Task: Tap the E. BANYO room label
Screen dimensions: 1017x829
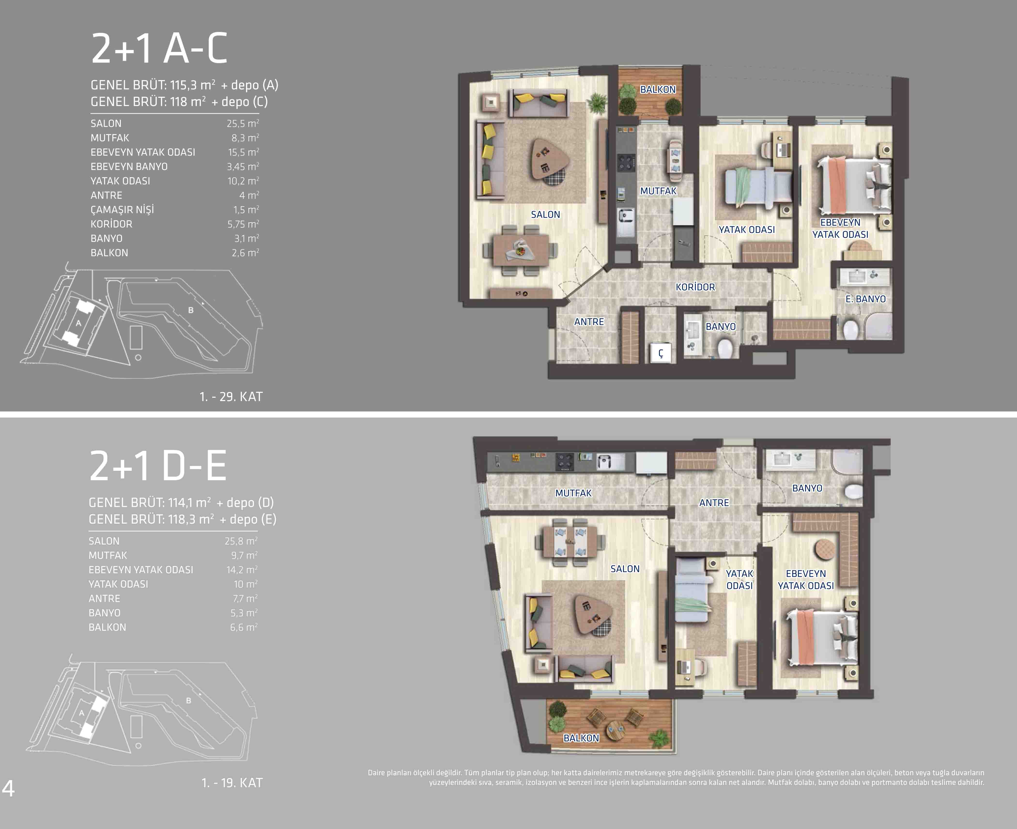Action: (866, 299)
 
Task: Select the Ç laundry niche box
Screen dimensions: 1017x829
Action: (661, 353)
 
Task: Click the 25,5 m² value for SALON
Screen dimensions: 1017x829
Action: (243, 123)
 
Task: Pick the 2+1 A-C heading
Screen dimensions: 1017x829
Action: (159, 49)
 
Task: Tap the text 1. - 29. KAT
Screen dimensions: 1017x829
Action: (231, 396)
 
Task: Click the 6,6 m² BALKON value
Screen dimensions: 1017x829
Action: (244, 627)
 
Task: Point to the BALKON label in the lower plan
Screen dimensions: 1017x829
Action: (581, 738)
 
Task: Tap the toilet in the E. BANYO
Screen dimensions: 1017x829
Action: (850, 329)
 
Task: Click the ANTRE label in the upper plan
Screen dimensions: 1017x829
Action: (589, 322)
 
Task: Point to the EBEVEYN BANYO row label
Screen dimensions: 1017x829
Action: (129, 167)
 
